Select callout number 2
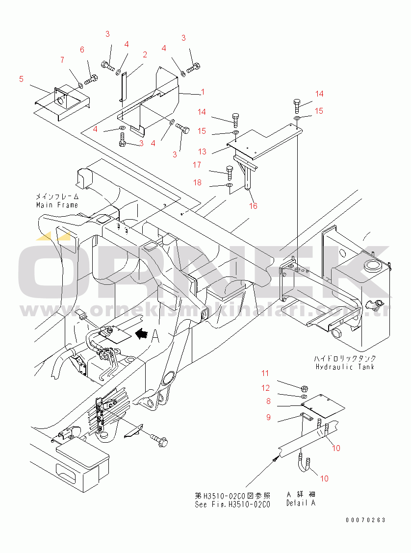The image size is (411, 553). pyautogui.click(x=145, y=54)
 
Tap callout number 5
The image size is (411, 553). pyautogui.click(x=21, y=78)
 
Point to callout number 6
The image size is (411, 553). pyautogui.click(x=82, y=50)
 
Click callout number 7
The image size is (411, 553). pyautogui.click(x=62, y=60)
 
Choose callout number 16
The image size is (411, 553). pyautogui.click(x=253, y=206)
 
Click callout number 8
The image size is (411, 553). pyautogui.click(x=268, y=401)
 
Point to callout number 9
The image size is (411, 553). pyautogui.click(x=268, y=417)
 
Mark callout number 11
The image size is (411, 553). pyautogui.click(x=265, y=374)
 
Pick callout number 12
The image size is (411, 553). pyautogui.click(x=265, y=388)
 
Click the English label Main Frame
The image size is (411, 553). pyautogui.click(x=57, y=205)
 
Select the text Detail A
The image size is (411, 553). pyautogui.click(x=301, y=503)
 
